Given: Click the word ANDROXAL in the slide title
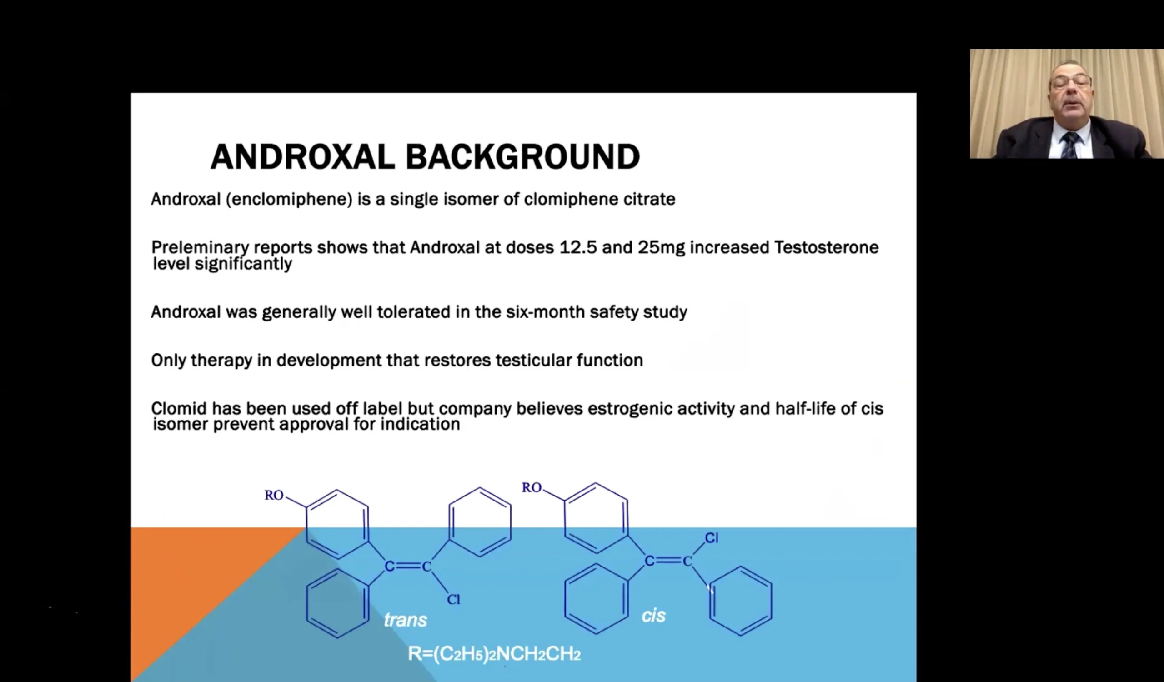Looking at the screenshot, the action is [302, 156].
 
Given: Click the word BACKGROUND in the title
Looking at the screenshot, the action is [522, 156].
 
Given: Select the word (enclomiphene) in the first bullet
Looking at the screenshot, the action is [289, 200].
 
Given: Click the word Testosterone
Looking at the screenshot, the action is [826, 247].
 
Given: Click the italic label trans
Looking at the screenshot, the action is [406, 620].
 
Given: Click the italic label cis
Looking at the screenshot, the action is [653, 615].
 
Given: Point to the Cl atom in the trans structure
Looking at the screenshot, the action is [454, 599].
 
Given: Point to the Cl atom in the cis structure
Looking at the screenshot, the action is [711, 537].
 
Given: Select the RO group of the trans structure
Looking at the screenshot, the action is [274, 495].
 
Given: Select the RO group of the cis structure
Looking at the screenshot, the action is [532, 487].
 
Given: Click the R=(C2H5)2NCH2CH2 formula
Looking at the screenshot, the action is [494, 654].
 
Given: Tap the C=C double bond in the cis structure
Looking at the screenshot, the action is [668, 561].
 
